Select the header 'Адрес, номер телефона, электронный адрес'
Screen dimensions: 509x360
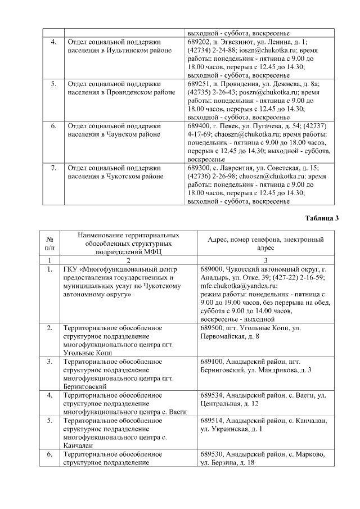(265, 244)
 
